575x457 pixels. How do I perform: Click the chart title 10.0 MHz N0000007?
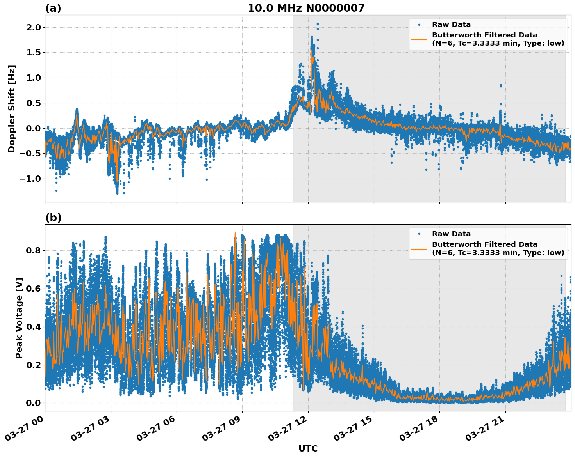pyautogui.click(x=306, y=8)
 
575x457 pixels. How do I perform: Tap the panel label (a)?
pyautogui.click(x=53, y=8)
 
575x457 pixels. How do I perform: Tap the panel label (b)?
pyautogui.click(x=53, y=218)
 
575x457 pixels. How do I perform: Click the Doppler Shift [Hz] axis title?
pyautogui.click(x=12, y=108)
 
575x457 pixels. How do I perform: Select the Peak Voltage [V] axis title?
pyautogui.click(x=19, y=318)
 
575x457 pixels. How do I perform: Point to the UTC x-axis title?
pyautogui.click(x=308, y=448)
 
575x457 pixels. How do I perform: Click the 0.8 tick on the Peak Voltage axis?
pyautogui.click(x=33, y=250)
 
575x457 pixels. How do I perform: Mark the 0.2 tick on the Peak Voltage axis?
pyautogui.click(x=33, y=365)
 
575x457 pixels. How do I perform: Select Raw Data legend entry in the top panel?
pyautogui.click(x=451, y=25)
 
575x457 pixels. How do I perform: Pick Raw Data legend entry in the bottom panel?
pyautogui.click(x=451, y=234)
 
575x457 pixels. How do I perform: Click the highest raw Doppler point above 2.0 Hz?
pyautogui.click(x=318, y=24)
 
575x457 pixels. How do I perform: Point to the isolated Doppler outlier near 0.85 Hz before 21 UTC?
pyautogui.click(x=501, y=85)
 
